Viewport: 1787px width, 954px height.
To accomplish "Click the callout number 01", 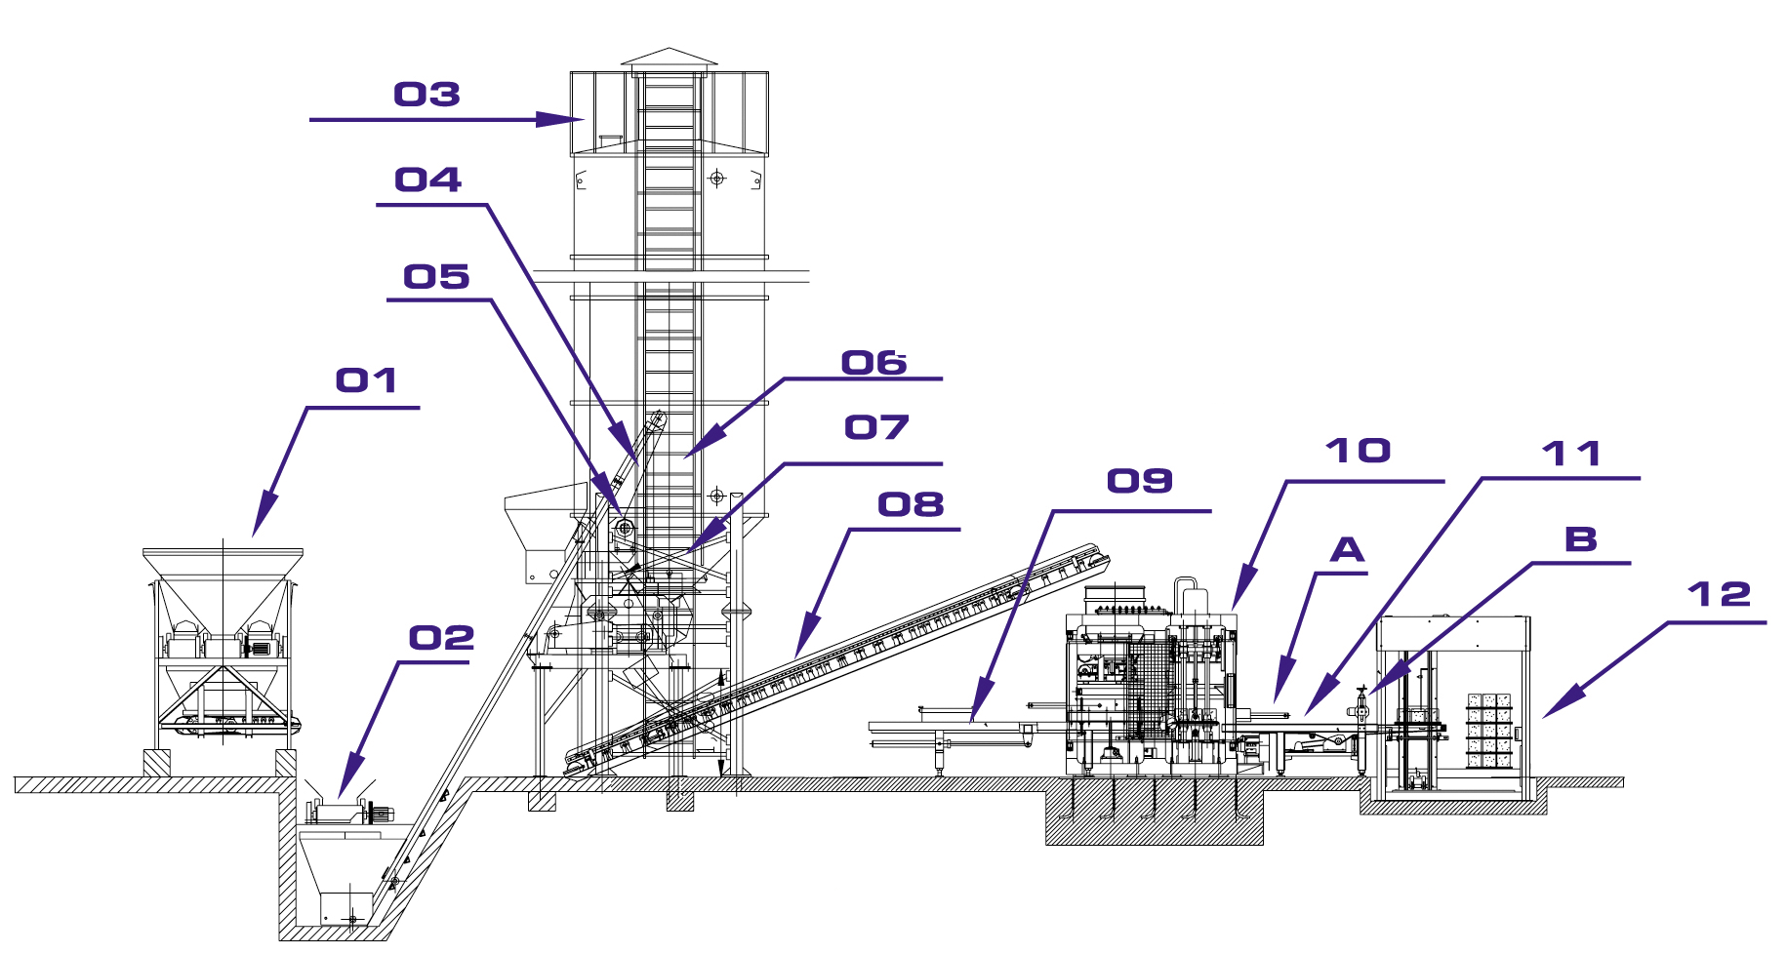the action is coord(366,380).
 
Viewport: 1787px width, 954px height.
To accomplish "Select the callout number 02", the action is coord(441,638).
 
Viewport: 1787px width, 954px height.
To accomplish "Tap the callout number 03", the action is coord(426,95).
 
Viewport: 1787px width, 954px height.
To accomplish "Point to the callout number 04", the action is coord(427,179).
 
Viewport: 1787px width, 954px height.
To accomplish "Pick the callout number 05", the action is coord(436,277).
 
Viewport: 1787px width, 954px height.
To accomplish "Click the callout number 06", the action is coord(874,363).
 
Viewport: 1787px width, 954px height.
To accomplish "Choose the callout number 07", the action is coord(876,427).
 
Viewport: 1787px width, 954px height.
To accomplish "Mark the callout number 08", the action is coord(911,504).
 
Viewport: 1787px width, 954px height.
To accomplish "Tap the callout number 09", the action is coord(1140,481).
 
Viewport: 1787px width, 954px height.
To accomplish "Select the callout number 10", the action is coord(1358,451).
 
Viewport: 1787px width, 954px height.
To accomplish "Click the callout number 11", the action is coord(1571,454).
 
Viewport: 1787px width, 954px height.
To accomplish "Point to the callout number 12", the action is coord(1719,594).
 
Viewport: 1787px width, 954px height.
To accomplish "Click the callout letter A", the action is coord(1348,550).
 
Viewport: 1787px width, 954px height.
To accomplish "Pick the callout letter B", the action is coord(1581,539).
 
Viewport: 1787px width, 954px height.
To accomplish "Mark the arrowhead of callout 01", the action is coord(264,516).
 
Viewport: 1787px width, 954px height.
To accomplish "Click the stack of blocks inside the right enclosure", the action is coord(1489,731).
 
